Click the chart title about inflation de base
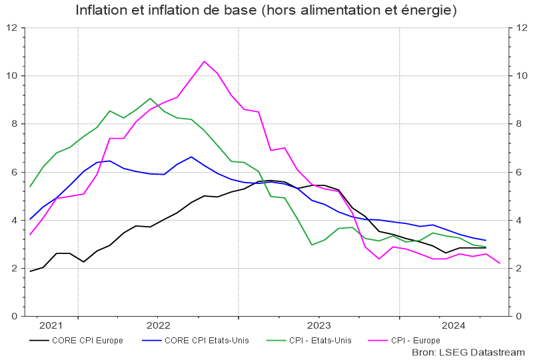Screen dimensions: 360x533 (x=266, y=11)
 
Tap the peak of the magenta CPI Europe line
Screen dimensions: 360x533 (x=204, y=61)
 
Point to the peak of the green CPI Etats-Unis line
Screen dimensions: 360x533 (x=151, y=99)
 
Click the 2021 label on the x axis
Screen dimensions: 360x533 (x=51, y=325)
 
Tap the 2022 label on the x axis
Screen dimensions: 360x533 (x=158, y=325)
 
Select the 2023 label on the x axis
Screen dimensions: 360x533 (x=318, y=325)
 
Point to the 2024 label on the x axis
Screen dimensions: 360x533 (x=454, y=325)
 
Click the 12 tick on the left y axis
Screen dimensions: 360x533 (x=12, y=28)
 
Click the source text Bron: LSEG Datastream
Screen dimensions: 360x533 (x=468, y=351)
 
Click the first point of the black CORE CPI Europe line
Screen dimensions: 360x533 (x=30, y=271)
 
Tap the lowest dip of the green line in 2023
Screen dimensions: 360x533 (x=312, y=245)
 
